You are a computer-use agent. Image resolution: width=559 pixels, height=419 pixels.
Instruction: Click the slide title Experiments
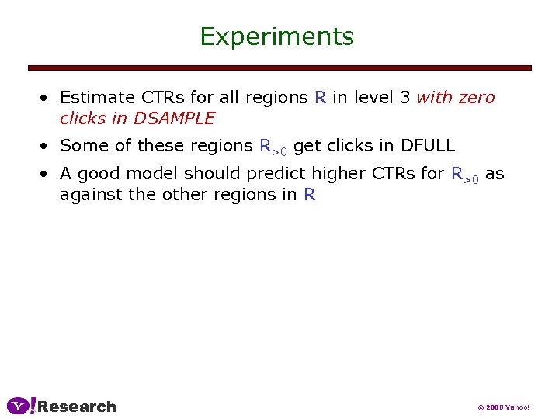tap(276, 36)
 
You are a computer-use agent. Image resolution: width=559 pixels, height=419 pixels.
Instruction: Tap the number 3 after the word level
tap(404, 98)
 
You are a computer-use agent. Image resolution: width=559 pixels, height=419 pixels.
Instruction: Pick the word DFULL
tap(428, 145)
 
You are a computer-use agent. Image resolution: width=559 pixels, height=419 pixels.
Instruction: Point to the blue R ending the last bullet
tap(310, 194)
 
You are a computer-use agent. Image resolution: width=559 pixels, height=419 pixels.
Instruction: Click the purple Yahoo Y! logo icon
tap(21, 406)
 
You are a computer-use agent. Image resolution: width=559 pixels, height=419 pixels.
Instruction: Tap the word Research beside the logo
tap(77, 407)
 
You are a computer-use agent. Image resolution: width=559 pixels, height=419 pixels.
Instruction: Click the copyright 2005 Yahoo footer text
tap(503, 407)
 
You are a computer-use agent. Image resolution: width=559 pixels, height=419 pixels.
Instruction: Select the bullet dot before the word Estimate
tap(47, 99)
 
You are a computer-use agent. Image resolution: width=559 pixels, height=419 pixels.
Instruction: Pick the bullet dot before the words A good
tap(47, 175)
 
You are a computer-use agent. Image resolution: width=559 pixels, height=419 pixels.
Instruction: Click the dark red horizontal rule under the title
tap(279, 68)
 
